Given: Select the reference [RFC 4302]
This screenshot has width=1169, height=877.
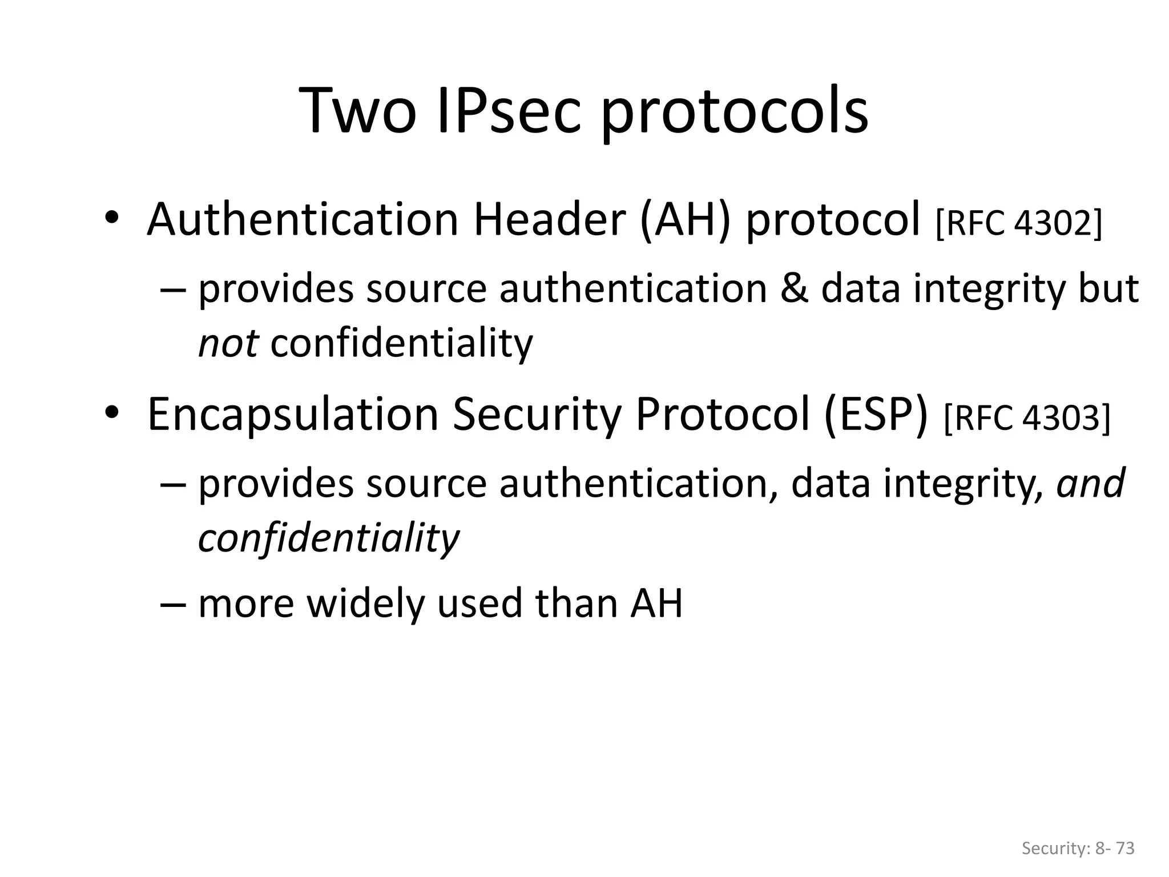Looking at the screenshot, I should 1019,224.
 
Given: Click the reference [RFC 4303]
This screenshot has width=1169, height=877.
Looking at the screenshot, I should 1027,419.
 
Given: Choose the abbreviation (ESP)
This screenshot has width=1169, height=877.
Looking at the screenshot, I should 876,415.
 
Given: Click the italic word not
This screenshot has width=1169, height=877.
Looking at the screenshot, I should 228,344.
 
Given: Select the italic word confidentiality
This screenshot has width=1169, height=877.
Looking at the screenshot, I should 328,538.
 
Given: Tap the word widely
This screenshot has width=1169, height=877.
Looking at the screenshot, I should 365,604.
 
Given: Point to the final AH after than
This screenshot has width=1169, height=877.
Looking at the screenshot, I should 656,604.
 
